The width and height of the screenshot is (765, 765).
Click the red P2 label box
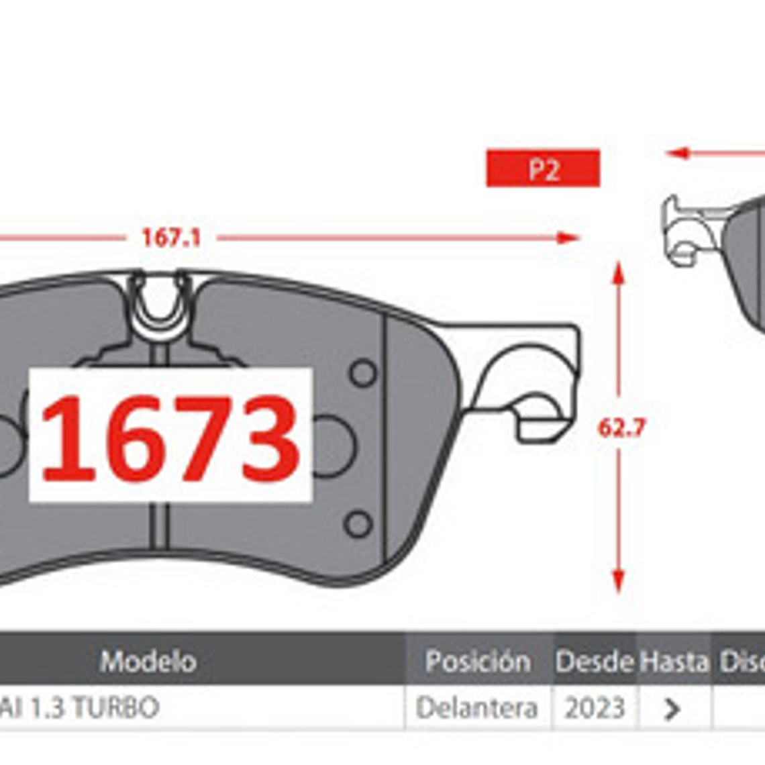coord(543,168)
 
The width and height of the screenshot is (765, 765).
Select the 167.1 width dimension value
coord(171,238)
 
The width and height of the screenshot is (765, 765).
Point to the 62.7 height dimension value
coord(621,427)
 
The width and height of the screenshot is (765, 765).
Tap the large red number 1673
coord(170,438)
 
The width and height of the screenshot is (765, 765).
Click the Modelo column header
coord(148,662)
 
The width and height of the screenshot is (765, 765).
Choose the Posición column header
coord(478,662)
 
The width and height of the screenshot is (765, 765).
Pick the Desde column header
coord(594,662)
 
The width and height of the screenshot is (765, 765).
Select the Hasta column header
coord(674,662)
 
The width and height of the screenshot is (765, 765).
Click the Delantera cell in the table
coord(477,708)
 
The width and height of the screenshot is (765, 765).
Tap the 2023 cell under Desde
coord(595,708)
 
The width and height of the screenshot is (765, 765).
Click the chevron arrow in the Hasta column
coord(672,709)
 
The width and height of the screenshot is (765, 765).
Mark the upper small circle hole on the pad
coord(364,373)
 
